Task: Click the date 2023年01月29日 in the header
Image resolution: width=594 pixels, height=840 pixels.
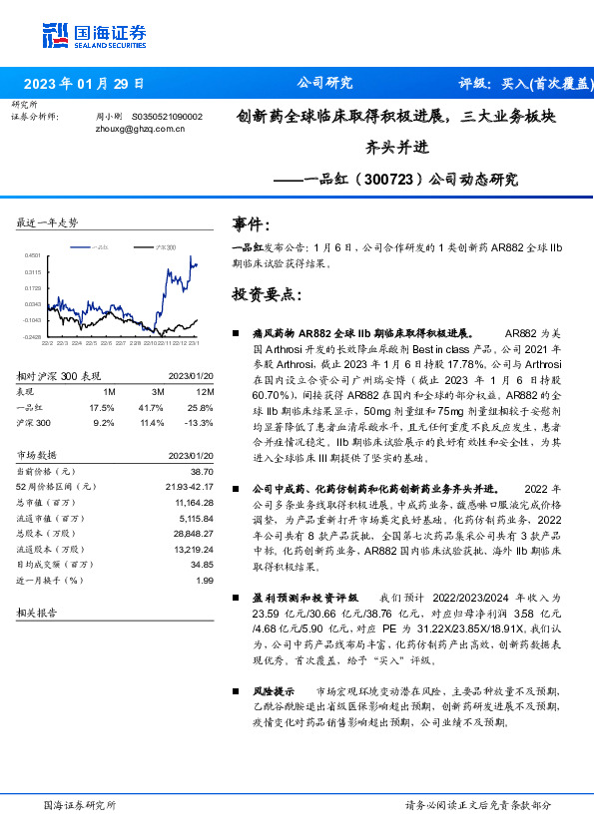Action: [83, 84]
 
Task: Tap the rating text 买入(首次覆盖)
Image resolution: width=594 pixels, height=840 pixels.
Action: [551, 84]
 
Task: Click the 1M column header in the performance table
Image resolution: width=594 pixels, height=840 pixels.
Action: [109, 392]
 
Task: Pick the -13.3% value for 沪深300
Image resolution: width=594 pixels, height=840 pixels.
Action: [200, 423]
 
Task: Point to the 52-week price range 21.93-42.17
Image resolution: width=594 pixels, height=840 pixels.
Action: [189, 486]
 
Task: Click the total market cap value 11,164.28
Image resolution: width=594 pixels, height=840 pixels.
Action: [195, 503]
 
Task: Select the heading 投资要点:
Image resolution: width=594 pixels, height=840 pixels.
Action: [265, 295]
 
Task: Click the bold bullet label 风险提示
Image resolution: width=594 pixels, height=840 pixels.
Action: [274, 689]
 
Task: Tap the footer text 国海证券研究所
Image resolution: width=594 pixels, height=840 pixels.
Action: [79, 804]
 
